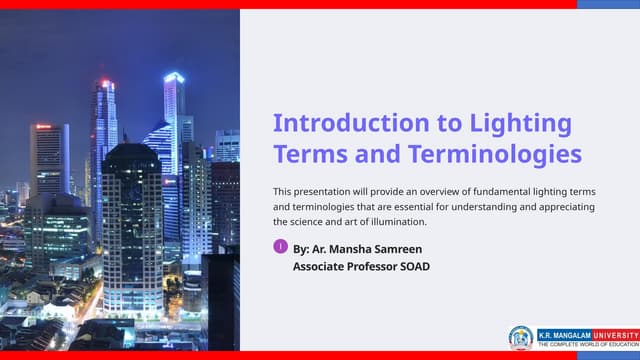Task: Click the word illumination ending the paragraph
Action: pos(396,221)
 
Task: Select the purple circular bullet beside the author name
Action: pos(280,246)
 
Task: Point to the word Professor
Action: pos(384,267)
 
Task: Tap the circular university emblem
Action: pos(520,337)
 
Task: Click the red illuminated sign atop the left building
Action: pos(43,127)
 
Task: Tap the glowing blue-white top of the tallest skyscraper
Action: pos(173,77)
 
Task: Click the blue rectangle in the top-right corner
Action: pos(608,4)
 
